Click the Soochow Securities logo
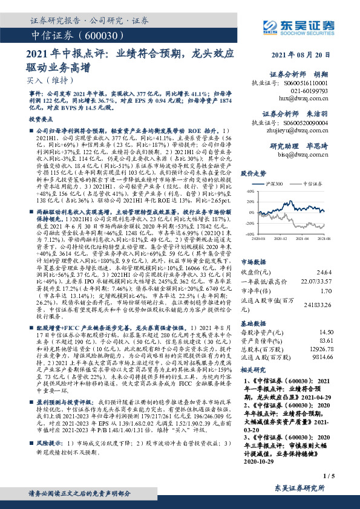click(303, 26)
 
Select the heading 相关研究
click(254, 370)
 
